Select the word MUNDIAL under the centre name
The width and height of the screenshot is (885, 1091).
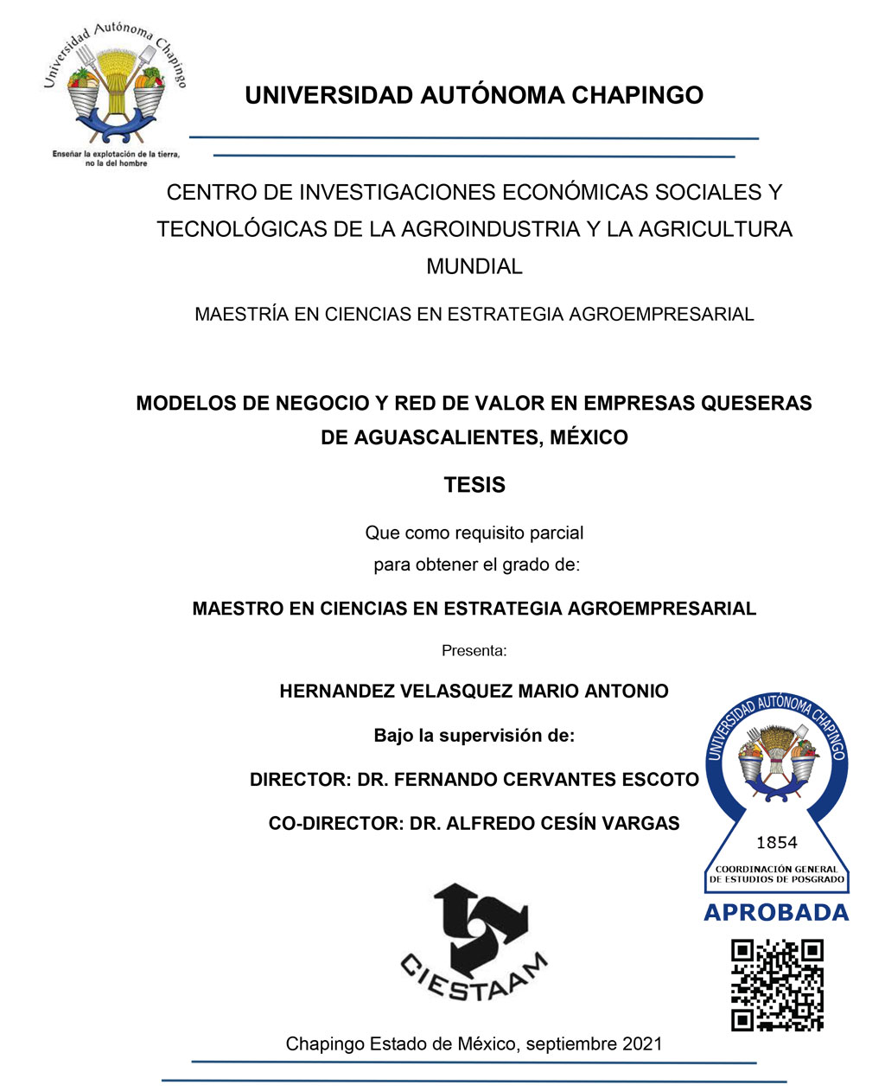[474, 266]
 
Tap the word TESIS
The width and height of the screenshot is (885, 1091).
[474, 485]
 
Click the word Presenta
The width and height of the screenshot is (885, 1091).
[474, 650]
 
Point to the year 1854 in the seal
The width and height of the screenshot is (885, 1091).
[777, 842]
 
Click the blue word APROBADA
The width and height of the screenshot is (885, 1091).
[776, 913]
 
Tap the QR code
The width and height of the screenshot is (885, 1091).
[777, 985]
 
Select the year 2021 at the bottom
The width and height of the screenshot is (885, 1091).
[640, 1043]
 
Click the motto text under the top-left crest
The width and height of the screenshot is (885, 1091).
[116, 158]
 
